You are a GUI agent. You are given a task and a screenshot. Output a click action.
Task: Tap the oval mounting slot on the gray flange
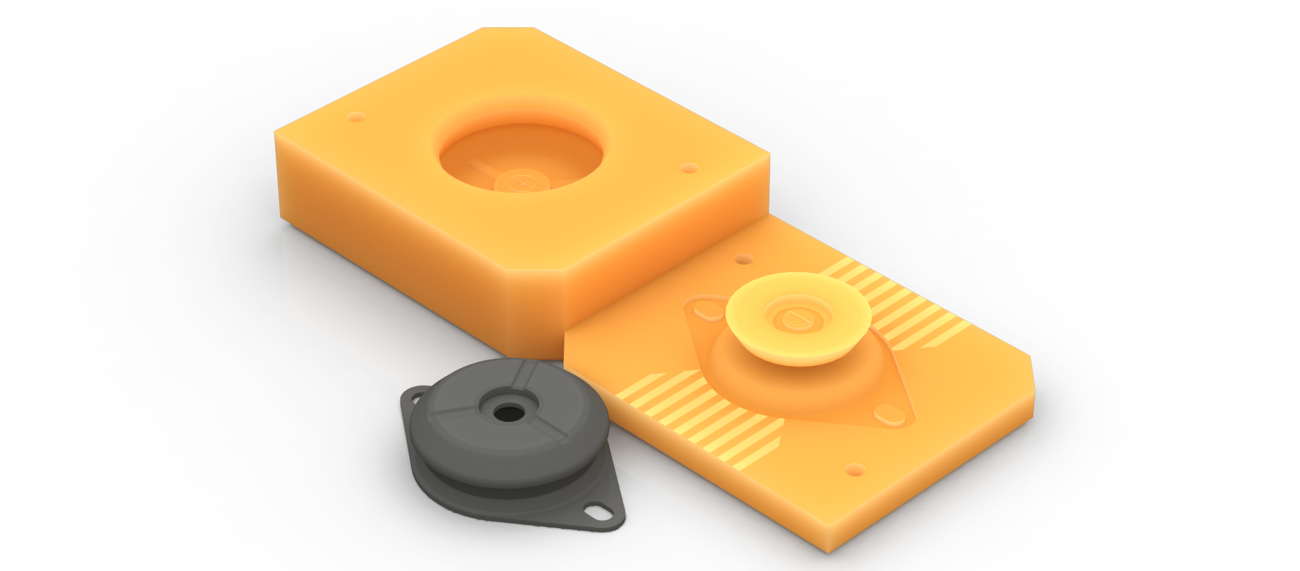tap(598, 510)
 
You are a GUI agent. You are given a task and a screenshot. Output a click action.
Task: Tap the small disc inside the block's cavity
tap(521, 182)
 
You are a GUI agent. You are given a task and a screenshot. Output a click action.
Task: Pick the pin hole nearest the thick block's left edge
tap(355, 117)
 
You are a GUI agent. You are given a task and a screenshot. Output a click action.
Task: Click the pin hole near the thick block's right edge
tap(689, 168)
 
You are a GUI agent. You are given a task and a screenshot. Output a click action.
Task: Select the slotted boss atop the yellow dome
tap(794, 317)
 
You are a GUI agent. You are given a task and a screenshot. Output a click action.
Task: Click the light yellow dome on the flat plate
tap(798, 319)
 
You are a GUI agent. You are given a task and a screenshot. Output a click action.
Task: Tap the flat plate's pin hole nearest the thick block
tap(744, 259)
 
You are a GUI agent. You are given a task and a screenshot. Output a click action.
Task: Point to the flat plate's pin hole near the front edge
tap(854, 469)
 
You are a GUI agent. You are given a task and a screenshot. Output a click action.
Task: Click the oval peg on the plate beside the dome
tap(708, 311)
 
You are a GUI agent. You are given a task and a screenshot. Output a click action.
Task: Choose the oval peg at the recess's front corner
tap(889, 413)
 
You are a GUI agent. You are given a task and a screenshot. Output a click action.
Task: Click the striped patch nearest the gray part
tap(700, 414)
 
